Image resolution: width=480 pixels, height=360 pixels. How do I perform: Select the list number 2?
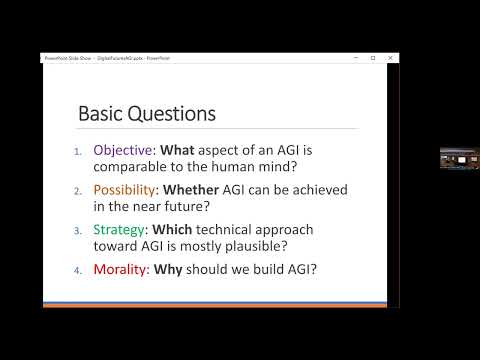pyautogui.click(x=78, y=189)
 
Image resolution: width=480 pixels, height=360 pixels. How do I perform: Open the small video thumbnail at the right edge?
pyautogui.click(x=459, y=158)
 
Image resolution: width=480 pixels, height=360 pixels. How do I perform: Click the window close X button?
pyautogui.click(x=389, y=58)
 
